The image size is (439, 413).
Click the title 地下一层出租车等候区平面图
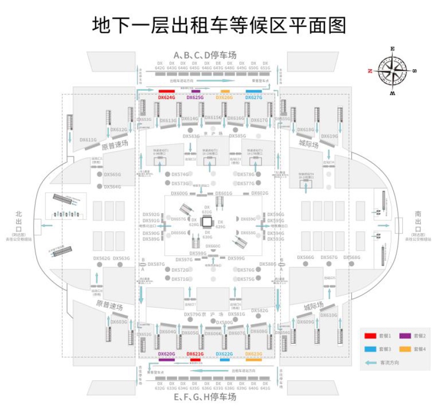[x=219, y=25]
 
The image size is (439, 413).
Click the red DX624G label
[x=166, y=98]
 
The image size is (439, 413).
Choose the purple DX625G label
[x=195, y=98]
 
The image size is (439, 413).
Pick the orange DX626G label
[x=224, y=98]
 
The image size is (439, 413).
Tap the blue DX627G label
[x=254, y=98]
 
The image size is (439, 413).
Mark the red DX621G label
[x=195, y=354]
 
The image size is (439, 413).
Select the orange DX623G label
[x=254, y=354]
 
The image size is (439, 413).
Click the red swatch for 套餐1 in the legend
[x=370, y=335]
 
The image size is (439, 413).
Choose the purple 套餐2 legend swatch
[x=404, y=335]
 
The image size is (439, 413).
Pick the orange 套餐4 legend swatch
[x=404, y=349]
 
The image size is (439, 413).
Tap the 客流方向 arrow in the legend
[x=371, y=363]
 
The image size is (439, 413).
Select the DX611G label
[x=88, y=140]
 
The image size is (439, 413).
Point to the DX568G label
[x=352, y=257]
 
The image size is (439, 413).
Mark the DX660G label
[x=213, y=246]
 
